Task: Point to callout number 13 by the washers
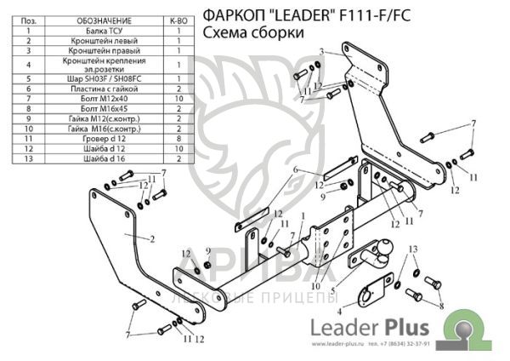pyautogui.click(x=413, y=249)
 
